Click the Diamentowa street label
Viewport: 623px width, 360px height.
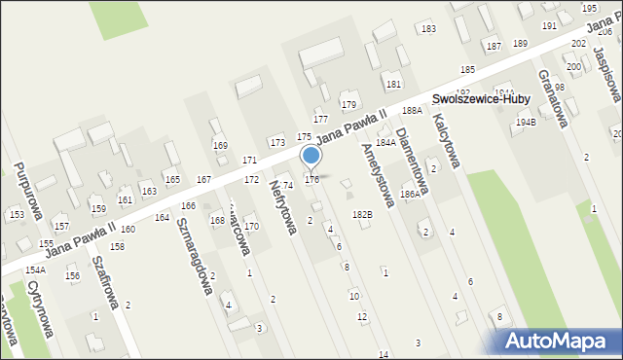coord(414,158)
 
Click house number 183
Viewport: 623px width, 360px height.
coord(427,29)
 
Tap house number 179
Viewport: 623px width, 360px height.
coord(348,104)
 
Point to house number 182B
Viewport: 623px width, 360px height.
coord(362,214)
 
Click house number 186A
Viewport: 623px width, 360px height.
coord(410,195)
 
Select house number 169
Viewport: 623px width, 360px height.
coord(220,146)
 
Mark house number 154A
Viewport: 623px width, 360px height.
coord(35,270)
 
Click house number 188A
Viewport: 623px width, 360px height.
coord(412,112)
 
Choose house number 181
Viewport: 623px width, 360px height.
coord(393,85)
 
